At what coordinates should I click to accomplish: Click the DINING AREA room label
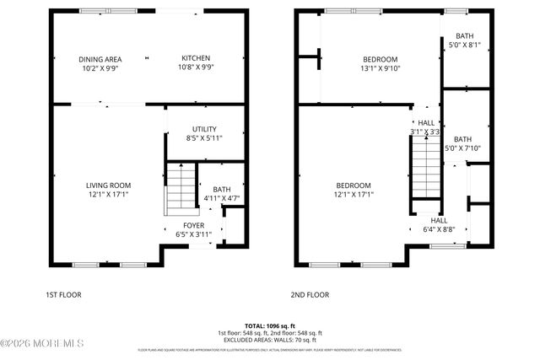tap(100, 59)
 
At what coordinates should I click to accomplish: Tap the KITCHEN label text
tap(196, 58)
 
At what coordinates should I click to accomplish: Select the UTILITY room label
tap(202, 129)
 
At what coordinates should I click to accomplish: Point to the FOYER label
tap(194, 226)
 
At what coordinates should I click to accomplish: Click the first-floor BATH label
tap(222, 190)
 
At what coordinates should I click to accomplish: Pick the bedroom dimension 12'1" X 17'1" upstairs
tap(354, 195)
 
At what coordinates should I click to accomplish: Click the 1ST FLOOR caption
tap(64, 296)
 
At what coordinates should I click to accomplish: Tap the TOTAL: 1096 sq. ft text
tap(270, 325)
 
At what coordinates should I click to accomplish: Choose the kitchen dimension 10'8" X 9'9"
tap(196, 68)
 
